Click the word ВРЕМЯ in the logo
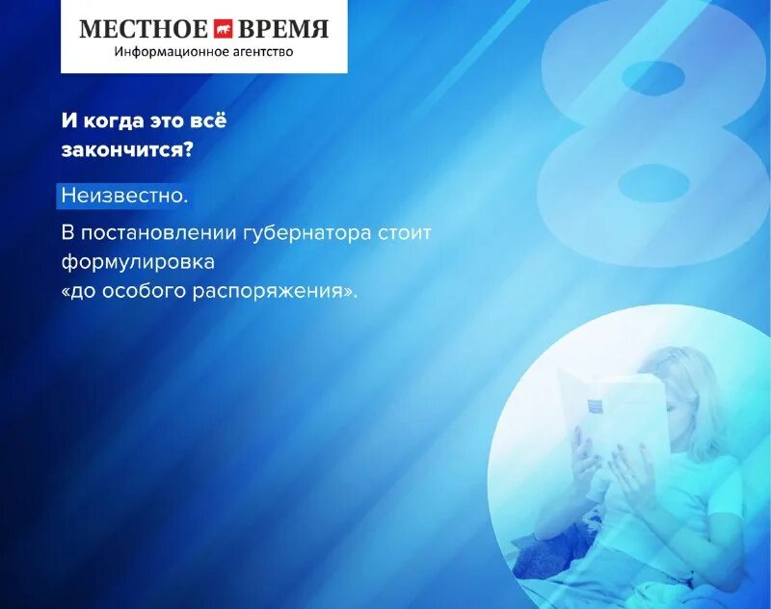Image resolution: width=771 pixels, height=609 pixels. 286,28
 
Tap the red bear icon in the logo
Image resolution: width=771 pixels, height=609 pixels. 224,28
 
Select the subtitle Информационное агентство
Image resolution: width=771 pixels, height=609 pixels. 203,51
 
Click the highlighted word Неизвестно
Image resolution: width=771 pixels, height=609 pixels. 123,196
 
